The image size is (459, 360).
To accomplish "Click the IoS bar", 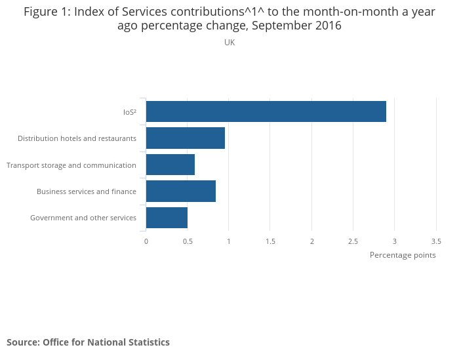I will click(x=266, y=111).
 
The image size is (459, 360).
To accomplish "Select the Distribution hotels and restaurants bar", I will click(x=186, y=138).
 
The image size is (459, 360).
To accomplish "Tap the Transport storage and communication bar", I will click(x=170, y=165).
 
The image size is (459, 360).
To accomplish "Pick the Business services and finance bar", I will click(x=181, y=191).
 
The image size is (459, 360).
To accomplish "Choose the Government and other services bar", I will click(x=167, y=218).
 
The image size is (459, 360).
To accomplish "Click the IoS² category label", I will click(x=129, y=112).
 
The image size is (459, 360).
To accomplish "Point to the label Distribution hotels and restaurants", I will click(x=77, y=138).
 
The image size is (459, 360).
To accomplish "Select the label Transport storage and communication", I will click(x=71, y=165).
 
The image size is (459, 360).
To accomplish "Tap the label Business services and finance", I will click(x=87, y=191).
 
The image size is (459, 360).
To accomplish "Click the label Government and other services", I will click(x=83, y=218).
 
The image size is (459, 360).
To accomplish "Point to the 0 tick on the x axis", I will click(x=146, y=241).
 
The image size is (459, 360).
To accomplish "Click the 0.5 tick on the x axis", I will click(x=188, y=241).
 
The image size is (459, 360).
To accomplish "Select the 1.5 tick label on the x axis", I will click(x=270, y=241).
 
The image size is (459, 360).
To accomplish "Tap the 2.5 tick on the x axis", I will click(x=353, y=241).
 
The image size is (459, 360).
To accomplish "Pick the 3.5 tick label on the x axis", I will click(x=436, y=241).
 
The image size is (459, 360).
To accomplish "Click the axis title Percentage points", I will click(x=403, y=255).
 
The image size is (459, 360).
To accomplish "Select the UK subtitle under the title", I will click(x=229, y=43).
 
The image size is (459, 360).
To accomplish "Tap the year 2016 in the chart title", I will click(x=327, y=26).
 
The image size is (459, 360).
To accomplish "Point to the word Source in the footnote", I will click(x=22, y=342).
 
